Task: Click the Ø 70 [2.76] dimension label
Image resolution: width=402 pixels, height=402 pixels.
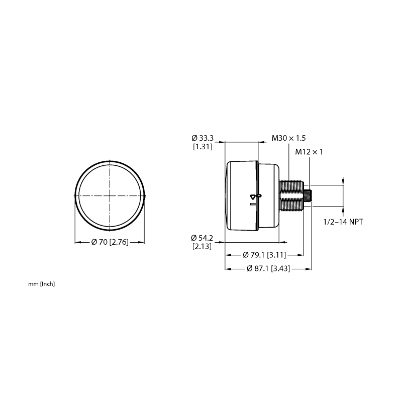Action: pos(110,242)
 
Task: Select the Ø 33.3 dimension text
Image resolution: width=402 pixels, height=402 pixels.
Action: pos(203,138)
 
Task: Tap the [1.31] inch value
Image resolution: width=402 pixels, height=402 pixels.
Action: pos(203,147)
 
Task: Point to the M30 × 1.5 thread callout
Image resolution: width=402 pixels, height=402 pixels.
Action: pos(288,138)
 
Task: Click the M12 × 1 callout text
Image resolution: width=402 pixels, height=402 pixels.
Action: pos(309,152)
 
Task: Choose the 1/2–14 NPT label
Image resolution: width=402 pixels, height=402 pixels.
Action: pos(343,222)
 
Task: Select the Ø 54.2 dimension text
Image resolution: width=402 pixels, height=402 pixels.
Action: pos(202,238)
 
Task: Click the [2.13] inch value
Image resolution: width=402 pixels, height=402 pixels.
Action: pos(202,247)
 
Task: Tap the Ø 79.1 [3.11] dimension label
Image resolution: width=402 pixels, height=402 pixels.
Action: pos(264,255)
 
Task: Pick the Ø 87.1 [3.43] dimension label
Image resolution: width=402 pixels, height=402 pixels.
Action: pos(268,269)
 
